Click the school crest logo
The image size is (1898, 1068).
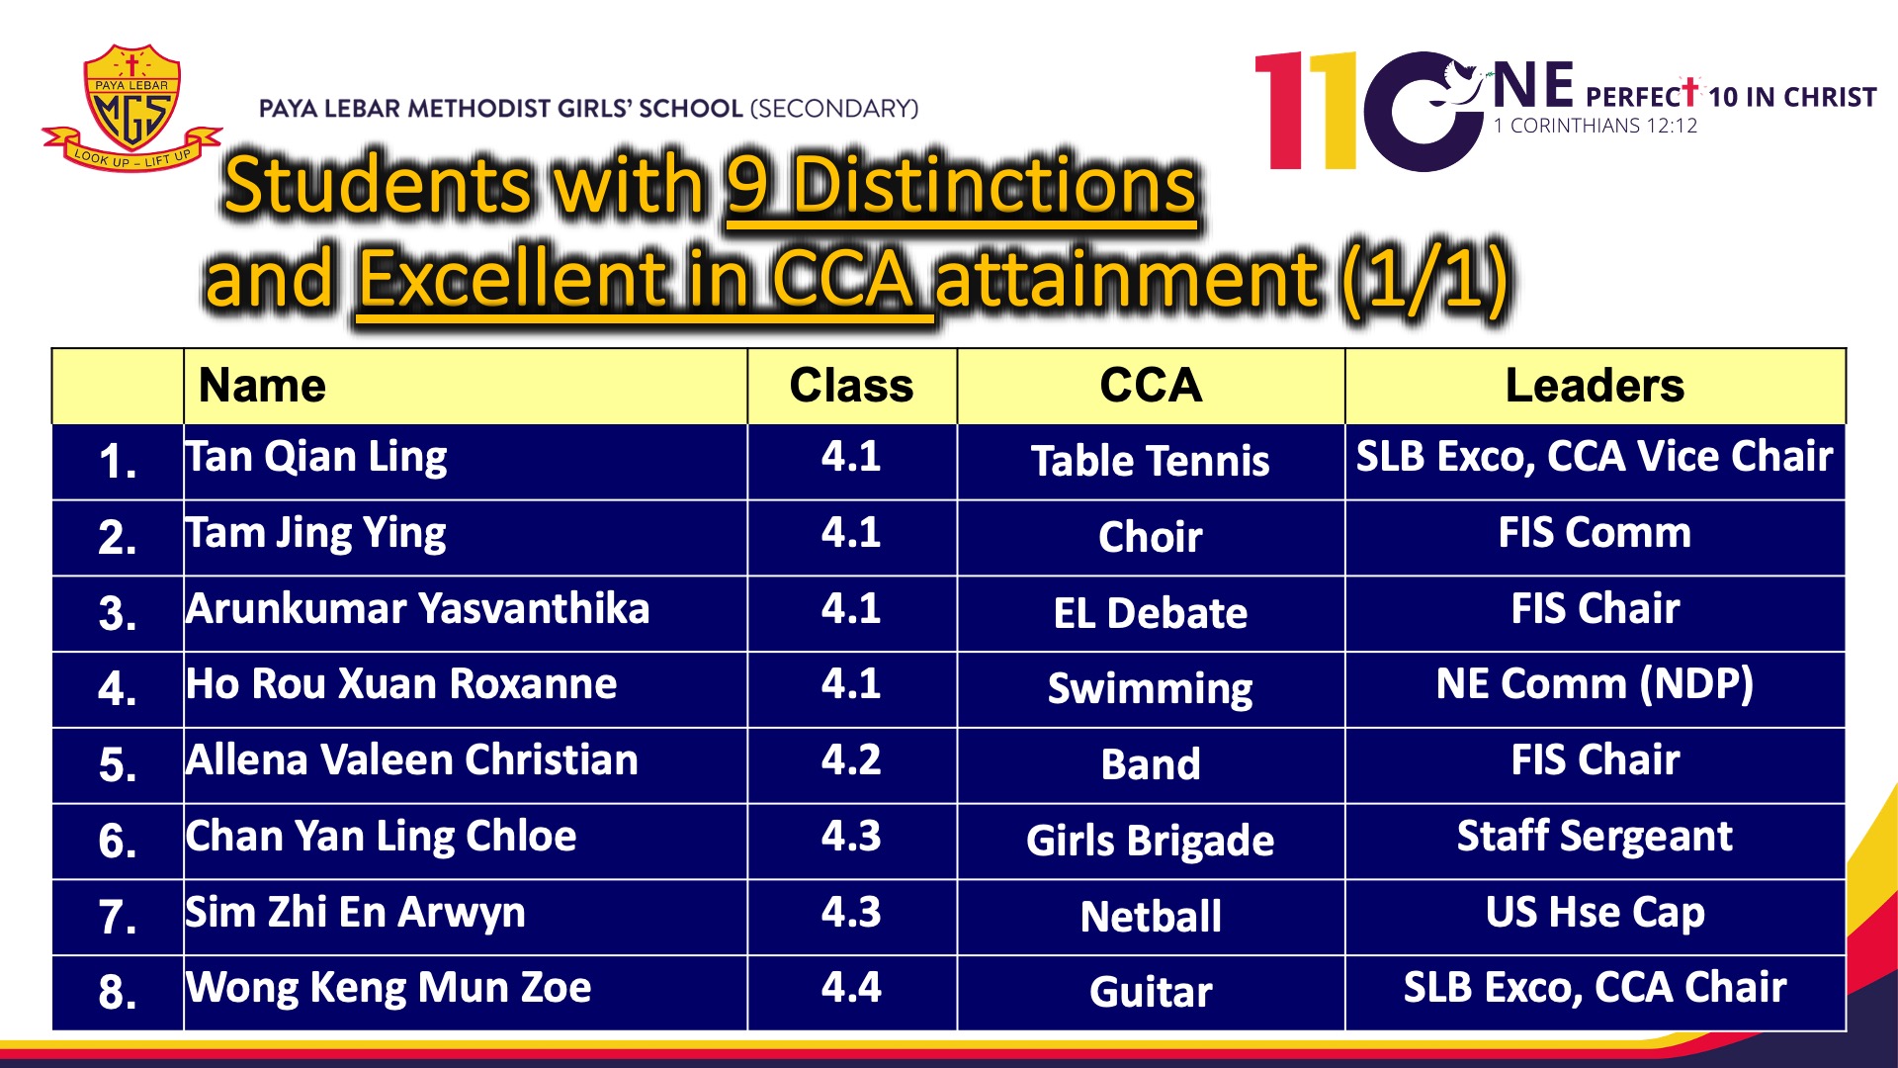131,108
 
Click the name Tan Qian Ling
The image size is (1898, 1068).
316,458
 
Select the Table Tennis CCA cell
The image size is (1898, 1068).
1151,462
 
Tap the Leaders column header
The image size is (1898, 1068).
1595,386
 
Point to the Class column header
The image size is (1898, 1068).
851,386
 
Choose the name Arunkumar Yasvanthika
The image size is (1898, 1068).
418,608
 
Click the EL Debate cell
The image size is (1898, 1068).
1151,613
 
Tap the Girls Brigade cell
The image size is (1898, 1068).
1151,842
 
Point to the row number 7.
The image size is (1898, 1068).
118,917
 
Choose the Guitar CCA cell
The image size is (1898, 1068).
1151,992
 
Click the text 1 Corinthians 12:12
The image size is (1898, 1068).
1596,126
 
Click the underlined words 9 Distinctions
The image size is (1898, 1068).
961,186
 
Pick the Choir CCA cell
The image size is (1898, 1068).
1151,537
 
